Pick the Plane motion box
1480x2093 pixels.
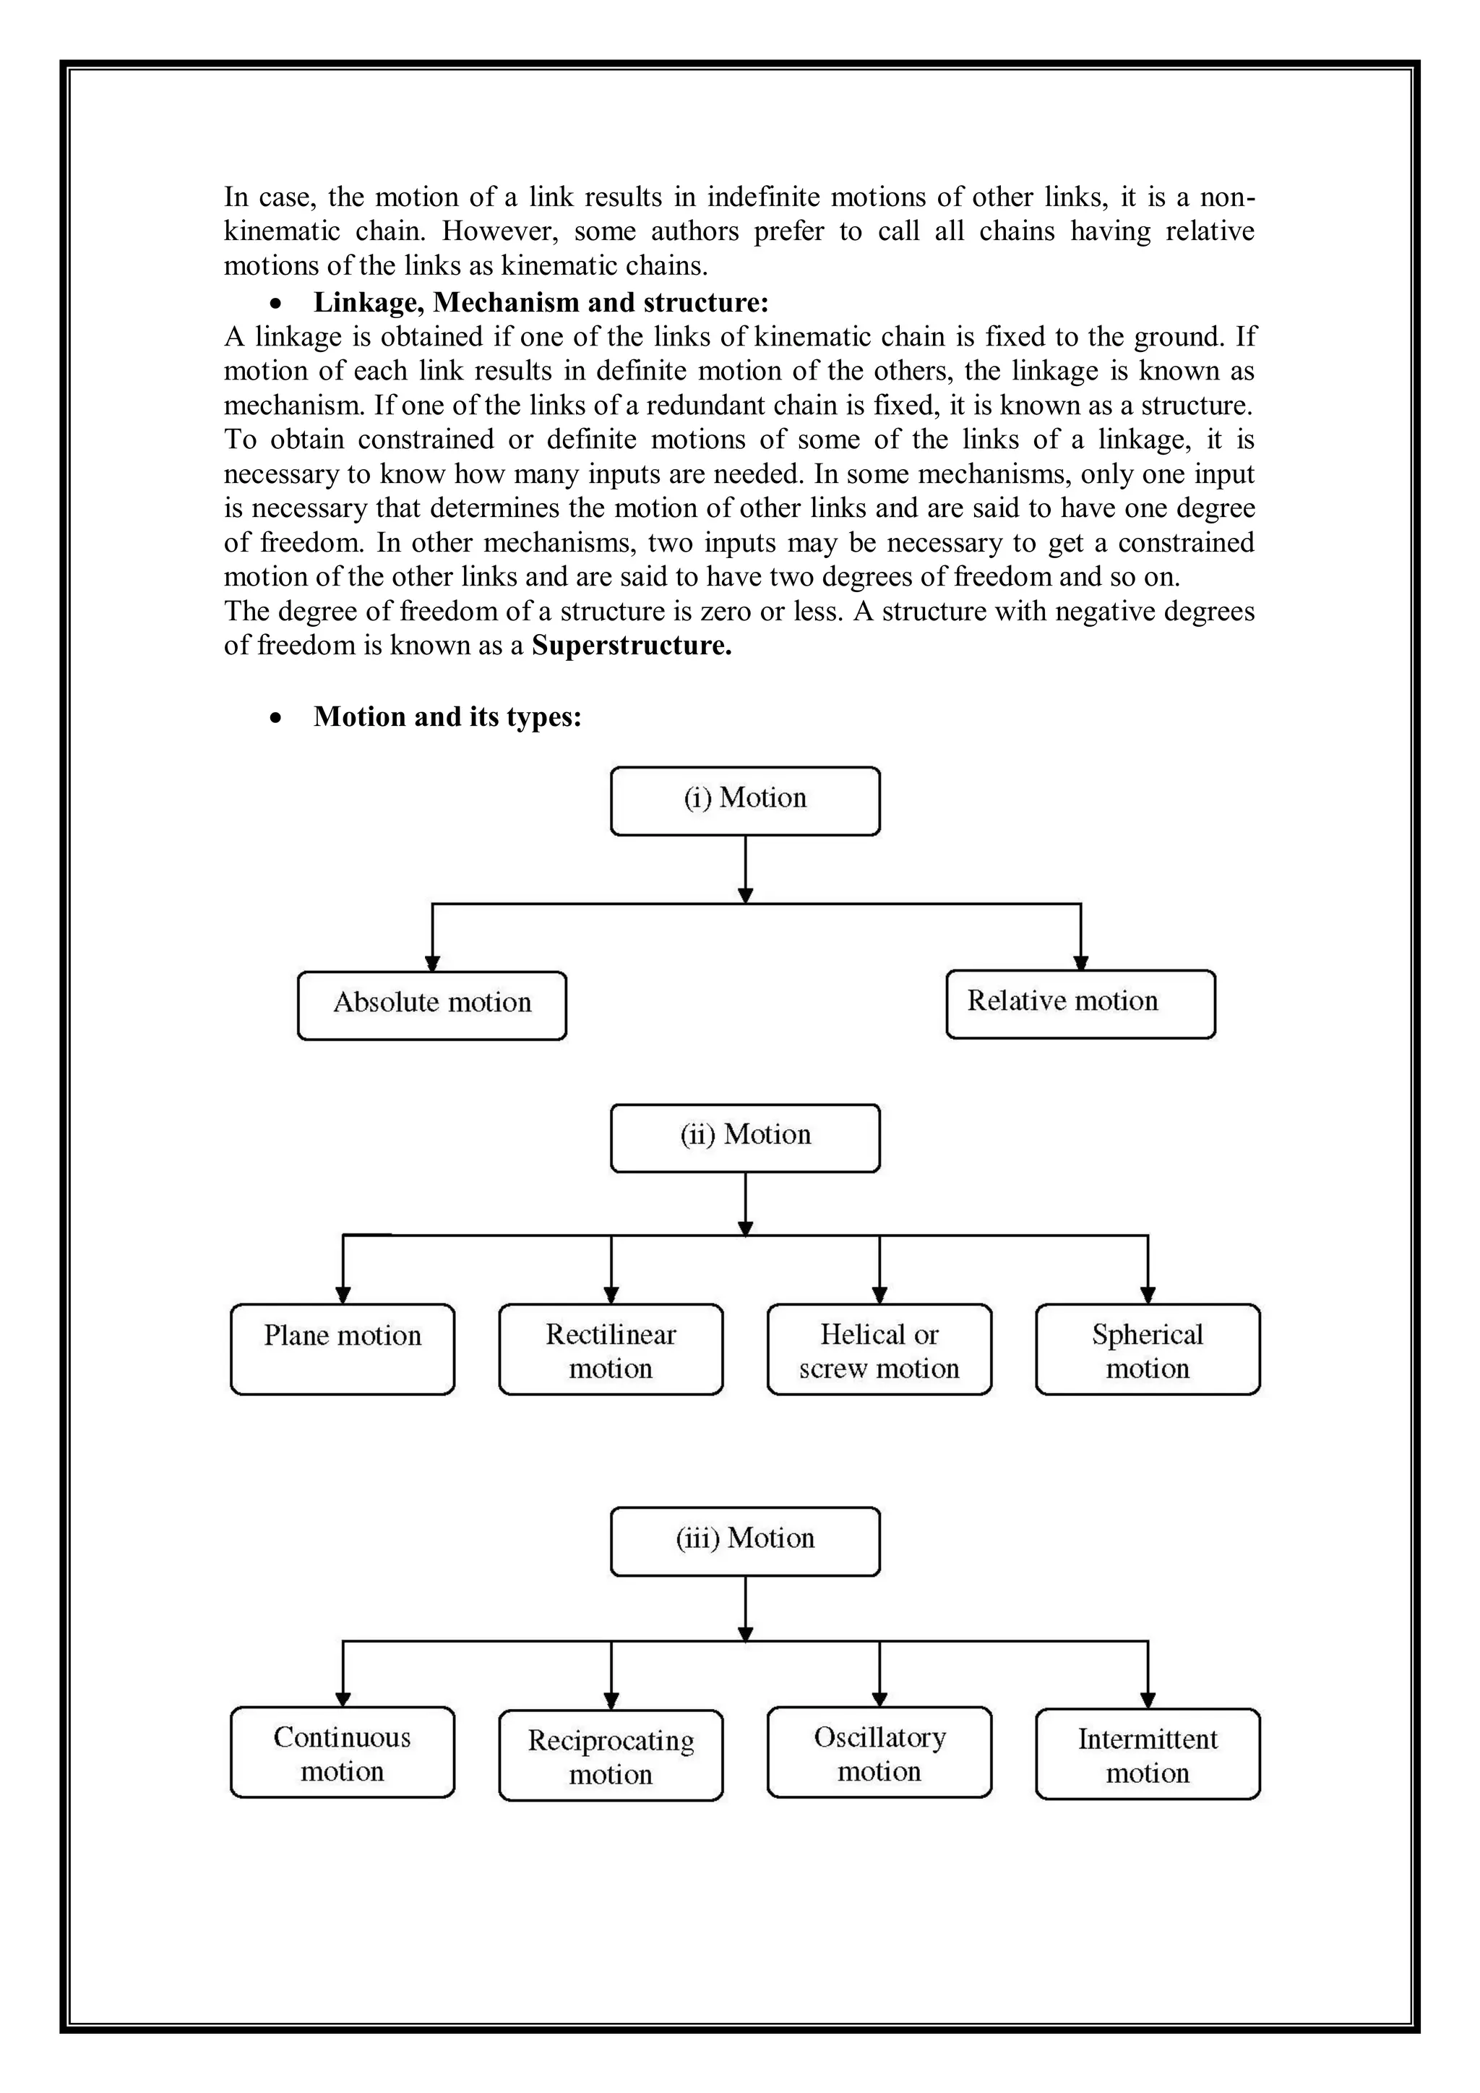[342, 1348]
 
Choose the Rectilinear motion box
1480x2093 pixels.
[611, 1348]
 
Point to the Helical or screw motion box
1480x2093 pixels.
[879, 1348]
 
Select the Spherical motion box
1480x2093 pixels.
[1148, 1348]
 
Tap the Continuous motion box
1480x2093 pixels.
[342, 1752]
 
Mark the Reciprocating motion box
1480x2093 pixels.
[611, 1755]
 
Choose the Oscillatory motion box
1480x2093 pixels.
[879, 1752]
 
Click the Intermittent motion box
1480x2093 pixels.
[1148, 1754]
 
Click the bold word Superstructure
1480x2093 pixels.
[632, 646]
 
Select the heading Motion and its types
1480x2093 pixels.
[447, 716]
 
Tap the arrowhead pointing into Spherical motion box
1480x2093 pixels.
[1148, 1296]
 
